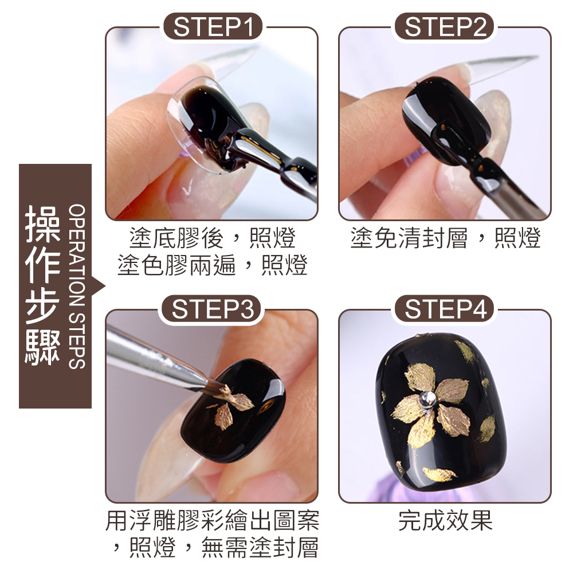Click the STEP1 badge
(x=213, y=26)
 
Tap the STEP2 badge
(x=445, y=26)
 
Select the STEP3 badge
(x=213, y=309)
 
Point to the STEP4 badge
(x=445, y=309)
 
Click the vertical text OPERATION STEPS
(x=77, y=286)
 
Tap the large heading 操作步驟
(x=42, y=285)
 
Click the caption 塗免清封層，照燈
(x=445, y=238)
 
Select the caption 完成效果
(x=445, y=520)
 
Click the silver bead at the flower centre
(x=428, y=399)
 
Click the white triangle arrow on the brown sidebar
(x=99, y=286)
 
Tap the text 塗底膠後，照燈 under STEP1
(x=213, y=238)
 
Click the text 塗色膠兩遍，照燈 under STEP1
(x=213, y=265)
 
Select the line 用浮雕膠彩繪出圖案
(x=213, y=520)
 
